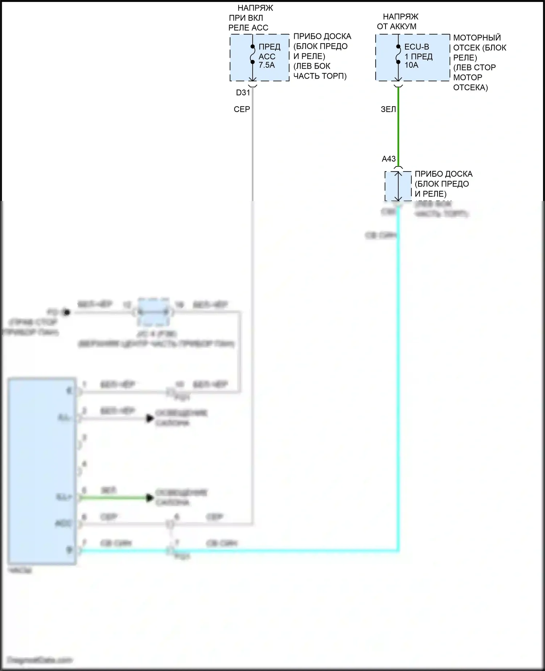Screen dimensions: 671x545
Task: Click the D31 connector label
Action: click(243, 93)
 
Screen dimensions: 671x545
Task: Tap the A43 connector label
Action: click(388, 159)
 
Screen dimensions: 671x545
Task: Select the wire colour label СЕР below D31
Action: click(242, 109)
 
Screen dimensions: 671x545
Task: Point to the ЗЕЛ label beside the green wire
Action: click(388, 109)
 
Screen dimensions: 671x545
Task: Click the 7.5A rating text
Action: click(267, 65)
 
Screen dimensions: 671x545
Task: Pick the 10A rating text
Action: click(411, 65)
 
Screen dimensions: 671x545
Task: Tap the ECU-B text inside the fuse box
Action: click(416, 47)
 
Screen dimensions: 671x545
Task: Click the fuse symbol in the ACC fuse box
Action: click(253, 54)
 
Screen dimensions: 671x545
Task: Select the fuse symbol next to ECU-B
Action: click(398, 54)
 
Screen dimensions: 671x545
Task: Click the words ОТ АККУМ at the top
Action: click(396, 27)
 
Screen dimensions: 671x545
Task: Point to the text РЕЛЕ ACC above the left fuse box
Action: click(248, 28)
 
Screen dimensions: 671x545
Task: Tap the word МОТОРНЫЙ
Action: click(477, 38)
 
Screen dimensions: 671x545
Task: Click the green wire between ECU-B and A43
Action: click(398, 127)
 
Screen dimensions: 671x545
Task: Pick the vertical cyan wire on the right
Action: click(398, 363)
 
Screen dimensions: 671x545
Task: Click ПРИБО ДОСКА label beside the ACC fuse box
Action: click(322, 37)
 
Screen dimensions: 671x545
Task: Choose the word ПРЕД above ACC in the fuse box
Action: click(269, 47)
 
